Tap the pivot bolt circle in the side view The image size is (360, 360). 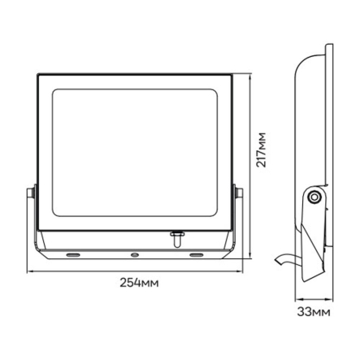click(x=313, y=194)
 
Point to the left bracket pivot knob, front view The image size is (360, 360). click(x=30, y=193)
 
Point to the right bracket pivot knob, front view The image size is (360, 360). click(x=238, y=193)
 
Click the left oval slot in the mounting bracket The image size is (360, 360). click(x=74, y=254)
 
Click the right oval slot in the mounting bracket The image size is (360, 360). click(x=195, y=254)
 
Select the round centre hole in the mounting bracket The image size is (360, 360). click(x=135, y=254)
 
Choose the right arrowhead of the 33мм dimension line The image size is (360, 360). click(x=331, y=297)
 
